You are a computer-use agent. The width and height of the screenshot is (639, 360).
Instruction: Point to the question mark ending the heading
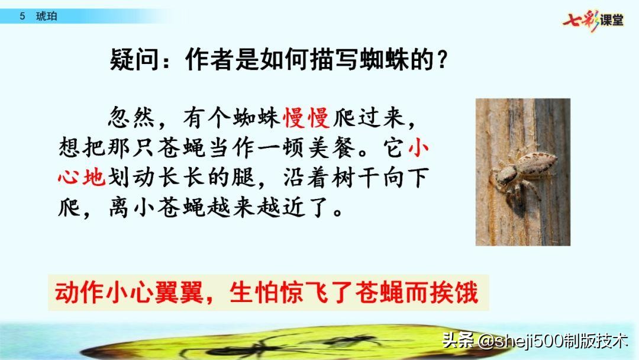tap(440, 60)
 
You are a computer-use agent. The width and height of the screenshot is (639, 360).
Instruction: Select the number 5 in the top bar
tap(22, 17)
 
